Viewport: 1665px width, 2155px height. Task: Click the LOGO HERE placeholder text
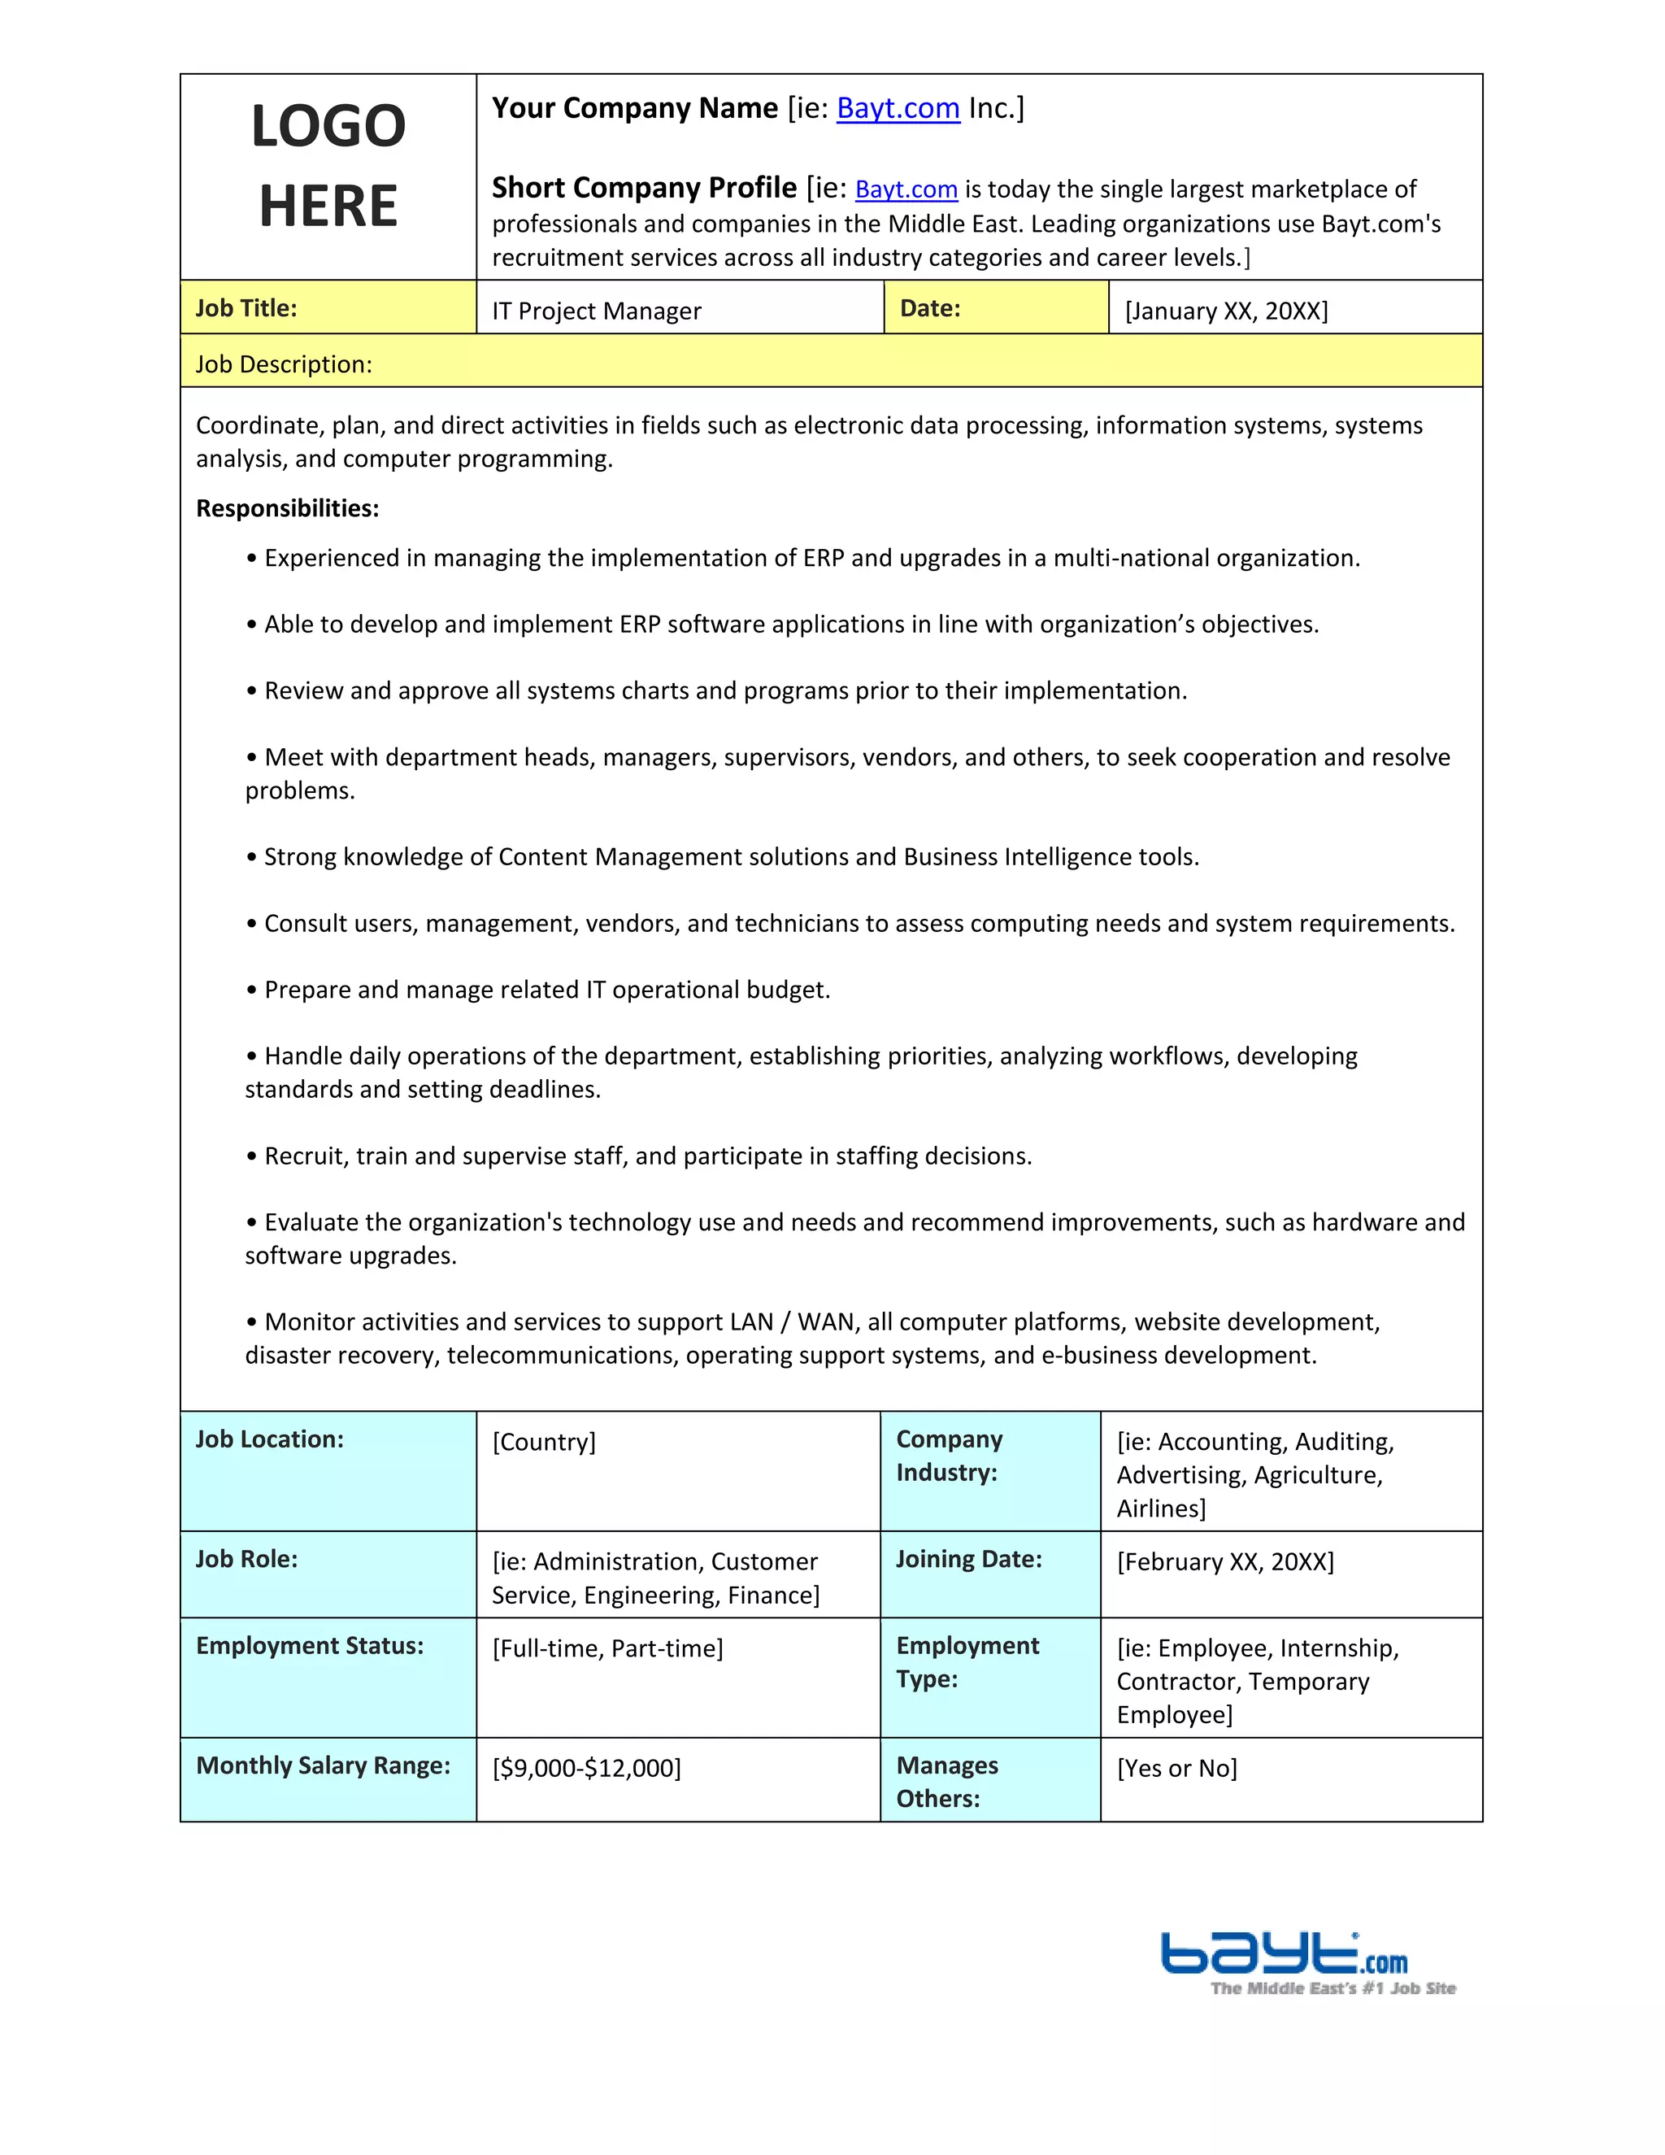pos(328,166)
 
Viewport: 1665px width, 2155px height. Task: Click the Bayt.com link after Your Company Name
pos(898,108)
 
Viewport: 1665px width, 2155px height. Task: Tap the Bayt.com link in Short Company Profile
pos(906,189)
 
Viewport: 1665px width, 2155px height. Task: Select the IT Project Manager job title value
pos(596,311)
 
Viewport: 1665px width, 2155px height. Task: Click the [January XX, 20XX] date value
pos(1226,311)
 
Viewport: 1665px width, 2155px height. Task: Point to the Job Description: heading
pos(284,365)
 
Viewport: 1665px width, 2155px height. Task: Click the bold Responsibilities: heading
pos(287,509)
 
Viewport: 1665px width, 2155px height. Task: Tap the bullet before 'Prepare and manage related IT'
pos(253,990)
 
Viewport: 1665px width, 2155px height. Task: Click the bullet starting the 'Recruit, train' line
pos(253,1156)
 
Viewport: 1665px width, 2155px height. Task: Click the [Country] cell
pos(544,1443)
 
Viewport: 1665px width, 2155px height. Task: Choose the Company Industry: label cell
pos(949,1456)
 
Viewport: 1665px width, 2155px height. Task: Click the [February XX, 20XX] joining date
pos(1225,1562)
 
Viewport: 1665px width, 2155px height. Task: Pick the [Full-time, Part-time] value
pos(607,1649)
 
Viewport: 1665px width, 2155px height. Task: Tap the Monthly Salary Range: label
pos(324,1766)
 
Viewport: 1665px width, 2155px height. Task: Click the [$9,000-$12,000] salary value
pos(586,1768)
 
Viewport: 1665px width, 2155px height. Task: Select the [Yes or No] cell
pos(1176,1768)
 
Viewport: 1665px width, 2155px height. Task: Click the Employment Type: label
pos(967,1663)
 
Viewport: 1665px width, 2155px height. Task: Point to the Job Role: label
pos(246,1560)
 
